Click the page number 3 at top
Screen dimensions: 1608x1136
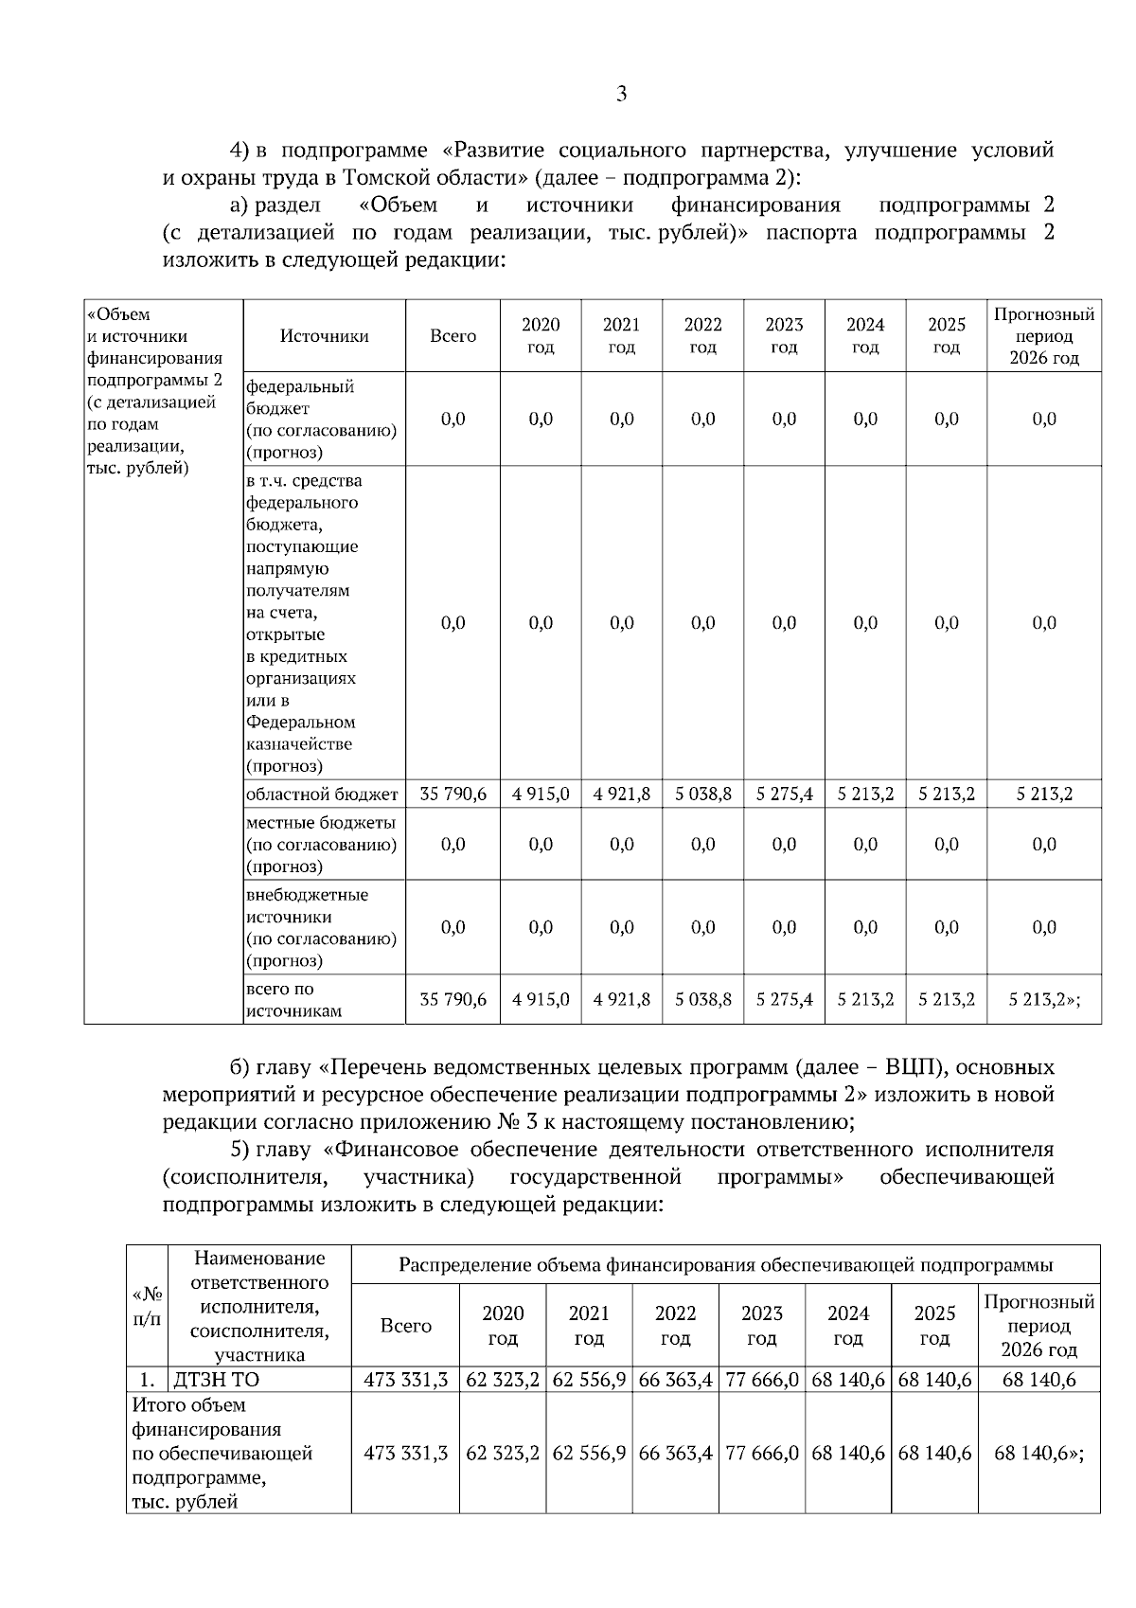[x=621, y=94]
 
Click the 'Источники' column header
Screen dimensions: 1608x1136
[x=324, y=336]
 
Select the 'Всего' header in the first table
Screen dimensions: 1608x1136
[x=453, y=336]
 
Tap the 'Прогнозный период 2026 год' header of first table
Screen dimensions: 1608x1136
[x=1043, y=336]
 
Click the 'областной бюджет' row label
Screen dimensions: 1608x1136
[x=322, y=794]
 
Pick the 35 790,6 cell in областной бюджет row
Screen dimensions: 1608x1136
[x=453, y=794]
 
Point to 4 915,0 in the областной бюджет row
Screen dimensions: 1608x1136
[x=541, y=794]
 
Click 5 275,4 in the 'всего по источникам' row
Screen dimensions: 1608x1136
[x=784, y=999]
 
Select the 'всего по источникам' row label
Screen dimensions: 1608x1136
[x=293, y=999]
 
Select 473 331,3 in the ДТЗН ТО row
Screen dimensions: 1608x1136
[x=405, y=1380]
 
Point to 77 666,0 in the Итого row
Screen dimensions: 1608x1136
[x=762, y=1453]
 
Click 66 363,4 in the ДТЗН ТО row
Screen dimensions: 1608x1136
[x=675, y=1380]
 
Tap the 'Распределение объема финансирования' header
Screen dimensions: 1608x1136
[x=725, y=1265]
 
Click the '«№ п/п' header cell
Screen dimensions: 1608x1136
[x=147, y=1306]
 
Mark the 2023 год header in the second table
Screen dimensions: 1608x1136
[x=762, y=1326]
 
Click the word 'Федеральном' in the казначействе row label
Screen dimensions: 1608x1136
[x=301, y=723]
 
